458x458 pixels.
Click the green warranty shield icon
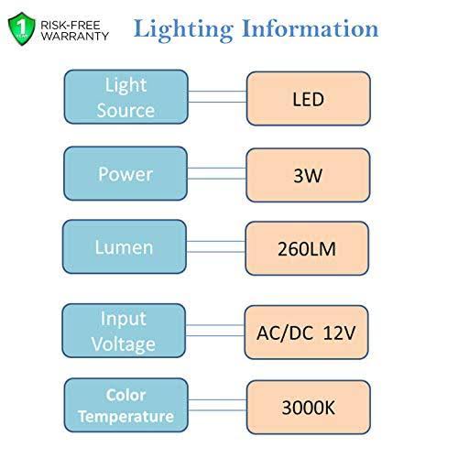tap(22, 29)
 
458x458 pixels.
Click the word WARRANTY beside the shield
tap(75, 36)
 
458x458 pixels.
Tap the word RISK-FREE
tap(71, 25)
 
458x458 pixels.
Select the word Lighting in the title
tap(183, 30)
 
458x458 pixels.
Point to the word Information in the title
tap(311, 28)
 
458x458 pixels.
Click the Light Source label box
tap(126, 97)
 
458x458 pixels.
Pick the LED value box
tap(309, 99)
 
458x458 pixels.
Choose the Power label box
tap(125, 173)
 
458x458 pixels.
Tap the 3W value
tap(308, 175)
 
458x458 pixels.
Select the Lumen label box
tap(125, 246)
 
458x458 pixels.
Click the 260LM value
tap(307, 249)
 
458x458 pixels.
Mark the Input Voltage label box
tap(124, 331)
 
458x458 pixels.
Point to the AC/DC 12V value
tap(306, 333)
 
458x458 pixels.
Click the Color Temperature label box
tap(126, 405)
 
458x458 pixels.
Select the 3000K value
tap(309, 408)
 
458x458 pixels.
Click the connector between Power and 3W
tap(217, 173)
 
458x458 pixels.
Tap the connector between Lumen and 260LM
tap(216, 246)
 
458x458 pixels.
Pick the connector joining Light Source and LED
tap(217, 96)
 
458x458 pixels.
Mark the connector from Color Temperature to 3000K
tap(217, 405)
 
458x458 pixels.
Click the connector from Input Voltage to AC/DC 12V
tap(215, 331)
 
